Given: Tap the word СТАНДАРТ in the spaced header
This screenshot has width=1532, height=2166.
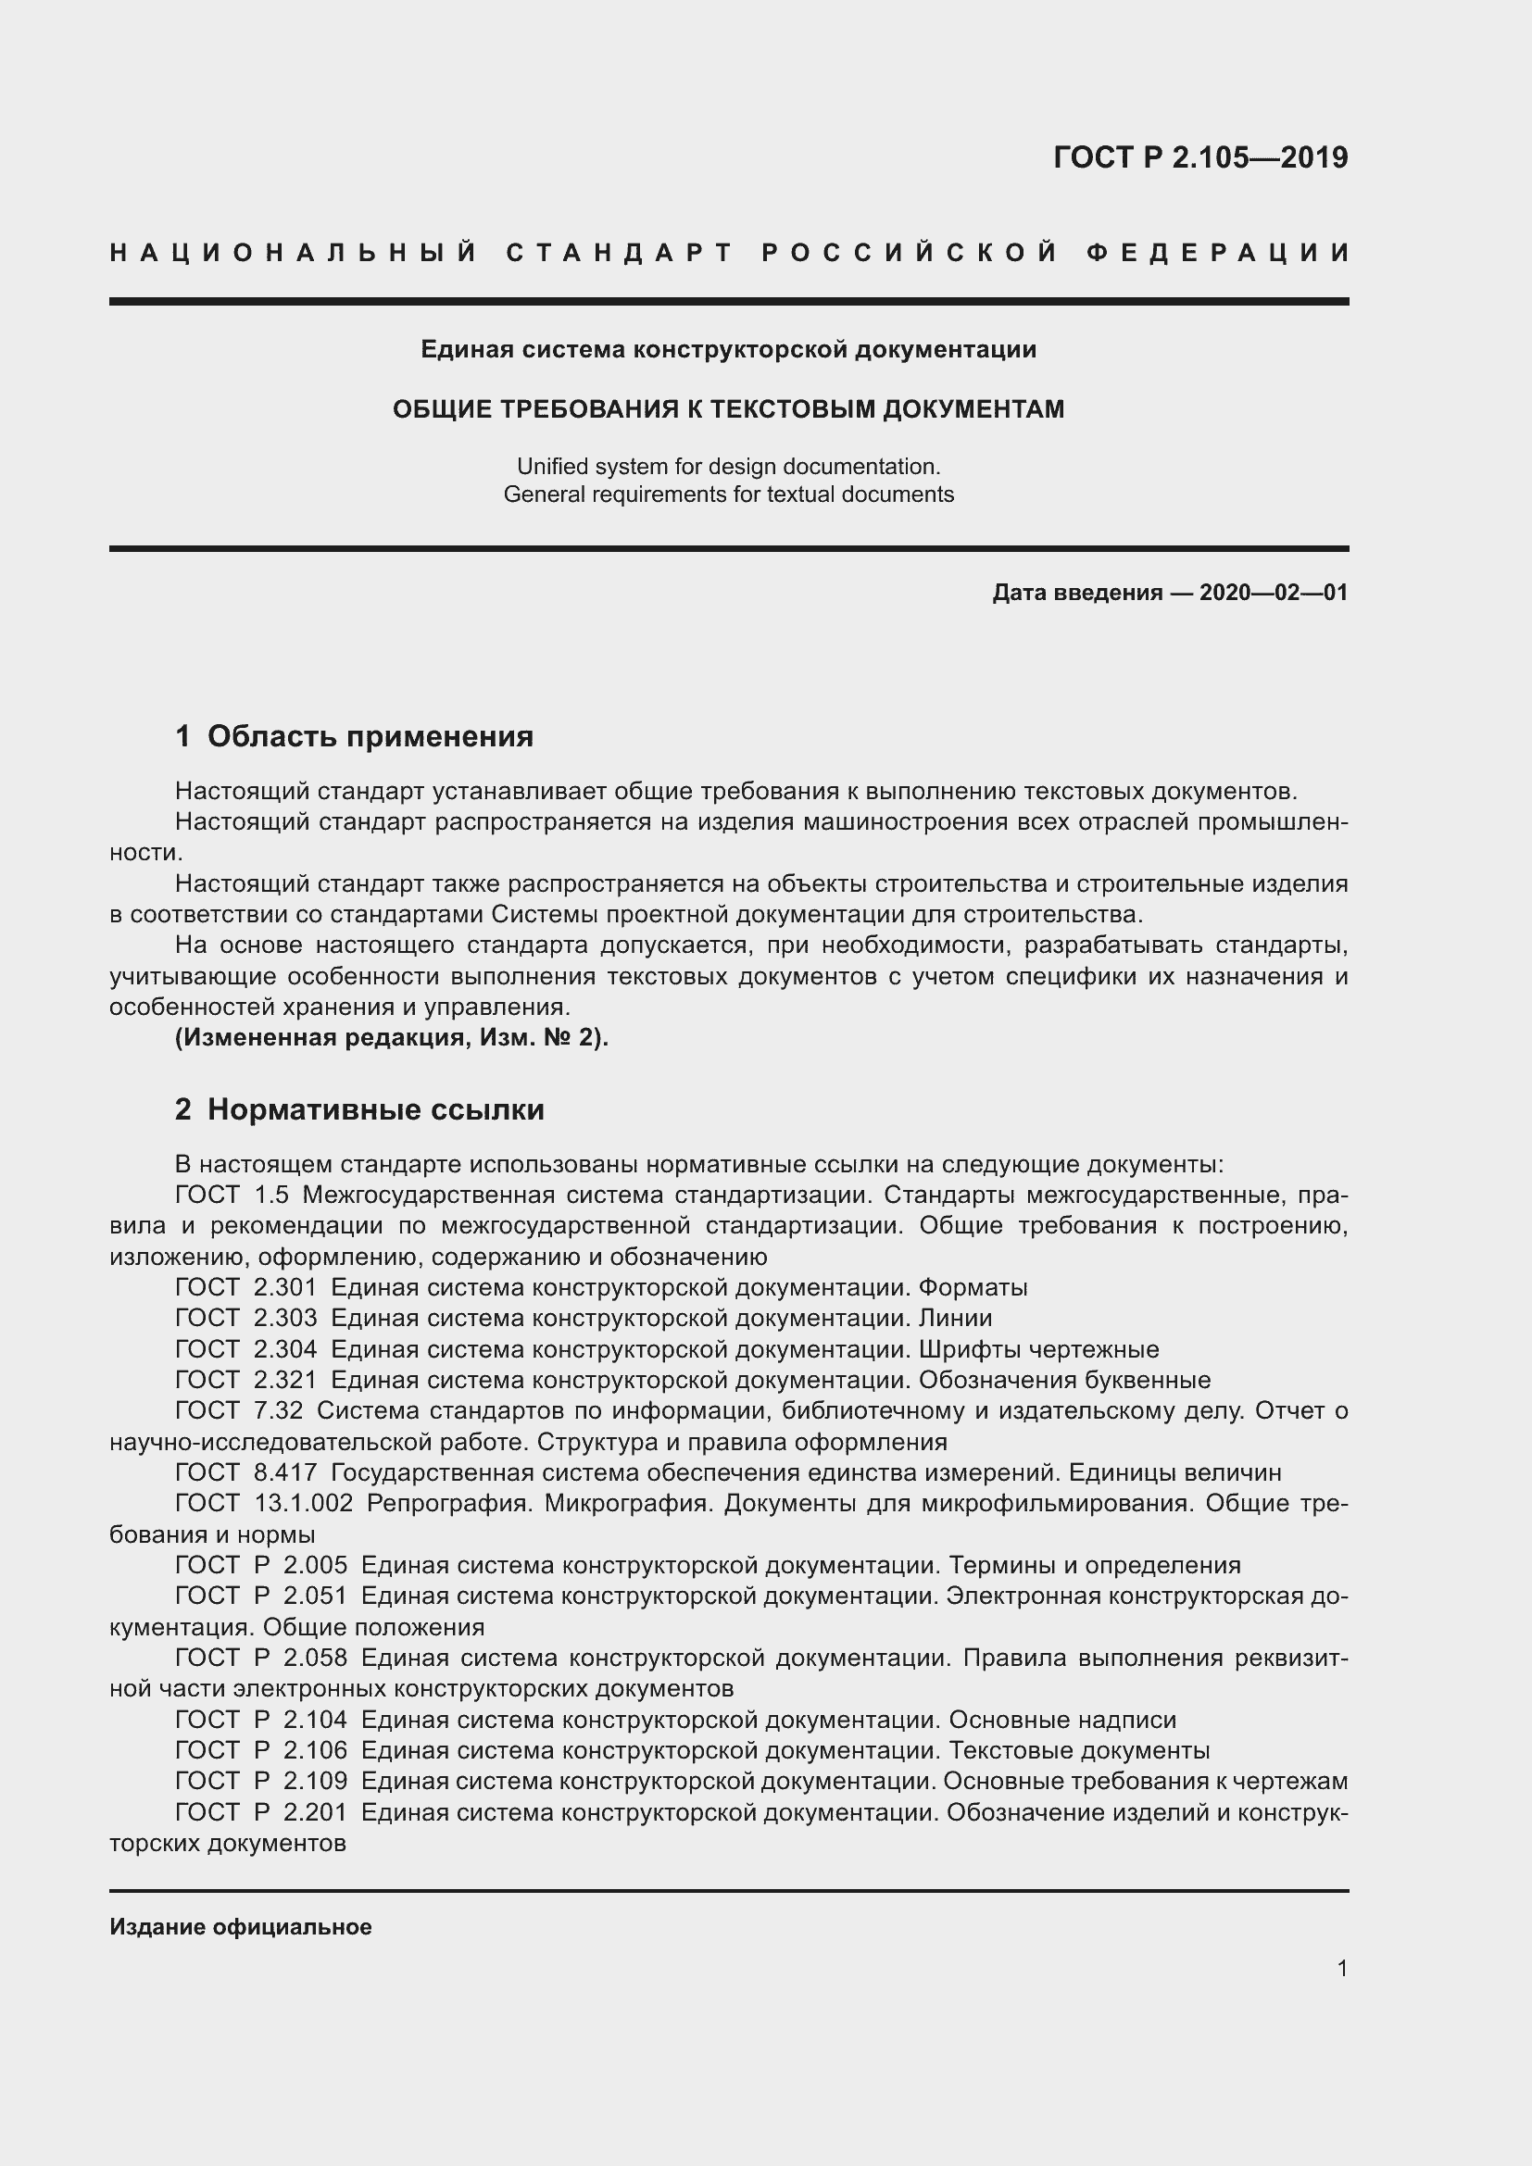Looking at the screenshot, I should pyautogui.click(x=620, y=253).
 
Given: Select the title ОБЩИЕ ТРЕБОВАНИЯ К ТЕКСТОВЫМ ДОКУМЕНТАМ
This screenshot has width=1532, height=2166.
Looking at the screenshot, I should pyautogui.click(x=728, y=409).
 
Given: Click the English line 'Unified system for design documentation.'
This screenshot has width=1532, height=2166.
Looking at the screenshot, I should pyautogui.click(x=728, y=466).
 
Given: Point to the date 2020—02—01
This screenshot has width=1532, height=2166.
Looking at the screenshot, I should pyautogui.click(x=1273, y=593).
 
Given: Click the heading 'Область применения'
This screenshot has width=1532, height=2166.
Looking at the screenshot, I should pyautogui.click(x=370, y=737).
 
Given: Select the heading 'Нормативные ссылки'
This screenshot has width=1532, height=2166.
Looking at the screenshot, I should pyautogui.click(x=375, y=1109).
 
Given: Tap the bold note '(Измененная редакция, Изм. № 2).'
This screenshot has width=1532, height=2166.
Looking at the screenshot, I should pyautogui.click(x=392, y=1038).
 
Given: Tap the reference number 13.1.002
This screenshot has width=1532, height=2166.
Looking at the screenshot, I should pyautogui.click(x=304, y=1504).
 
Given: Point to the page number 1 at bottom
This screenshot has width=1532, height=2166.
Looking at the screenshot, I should pyautogui.click(x=1341, y=1968).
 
